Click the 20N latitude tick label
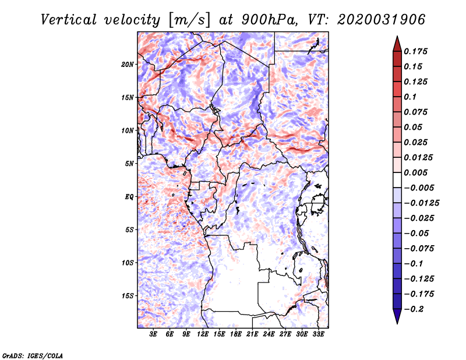tap(128, 65)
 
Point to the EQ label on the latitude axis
tap(129, 197)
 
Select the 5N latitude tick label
tap(129, 164)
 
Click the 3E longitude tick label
tap(153, 334)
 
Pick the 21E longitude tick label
tap(252, 334)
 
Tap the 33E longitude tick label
tap(318, 334)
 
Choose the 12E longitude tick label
tap(203, 334)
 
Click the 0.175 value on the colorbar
tap(415, 51)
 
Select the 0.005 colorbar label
tap(415, 172)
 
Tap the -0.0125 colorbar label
tap(421, 203)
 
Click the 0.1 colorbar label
tap(410, 97)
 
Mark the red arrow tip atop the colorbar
tap(397, 37)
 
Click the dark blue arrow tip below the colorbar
tap(397, 323)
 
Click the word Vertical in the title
tap(69, 20)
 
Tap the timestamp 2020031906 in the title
tap(382, 20)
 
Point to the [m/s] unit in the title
tap(190, 20)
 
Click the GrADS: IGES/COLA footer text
tap(33, 356)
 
